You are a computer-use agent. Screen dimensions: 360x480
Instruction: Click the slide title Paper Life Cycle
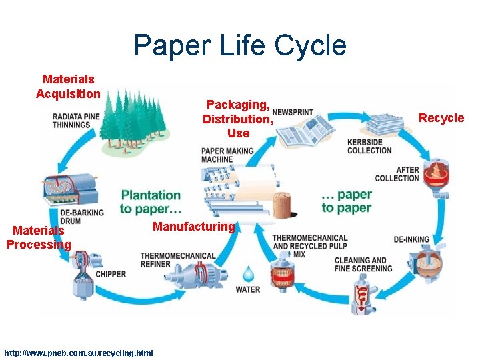[240, 45]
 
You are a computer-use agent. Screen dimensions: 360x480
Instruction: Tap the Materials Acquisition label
[68, 87]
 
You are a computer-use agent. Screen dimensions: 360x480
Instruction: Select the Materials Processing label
[39, 237]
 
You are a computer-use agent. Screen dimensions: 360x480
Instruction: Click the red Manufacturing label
[194, 227]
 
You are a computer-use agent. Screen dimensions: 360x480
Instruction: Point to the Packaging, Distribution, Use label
[238, 119]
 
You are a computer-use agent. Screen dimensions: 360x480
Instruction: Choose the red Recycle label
[441, 118]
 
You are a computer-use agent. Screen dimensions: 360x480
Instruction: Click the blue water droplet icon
[248, 273]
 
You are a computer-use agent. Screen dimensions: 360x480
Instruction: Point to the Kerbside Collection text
[369, 146]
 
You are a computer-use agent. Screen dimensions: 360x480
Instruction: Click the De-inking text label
[411, 239]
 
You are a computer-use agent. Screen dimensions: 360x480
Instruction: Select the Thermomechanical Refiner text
[178, 259]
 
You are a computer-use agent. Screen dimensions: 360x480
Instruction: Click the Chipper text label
[111, 274]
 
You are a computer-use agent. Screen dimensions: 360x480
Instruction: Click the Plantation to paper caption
[150, 201]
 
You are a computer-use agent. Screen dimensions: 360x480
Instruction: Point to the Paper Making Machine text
[227, 155]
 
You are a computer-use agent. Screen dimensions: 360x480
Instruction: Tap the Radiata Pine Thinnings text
[77, 120]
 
